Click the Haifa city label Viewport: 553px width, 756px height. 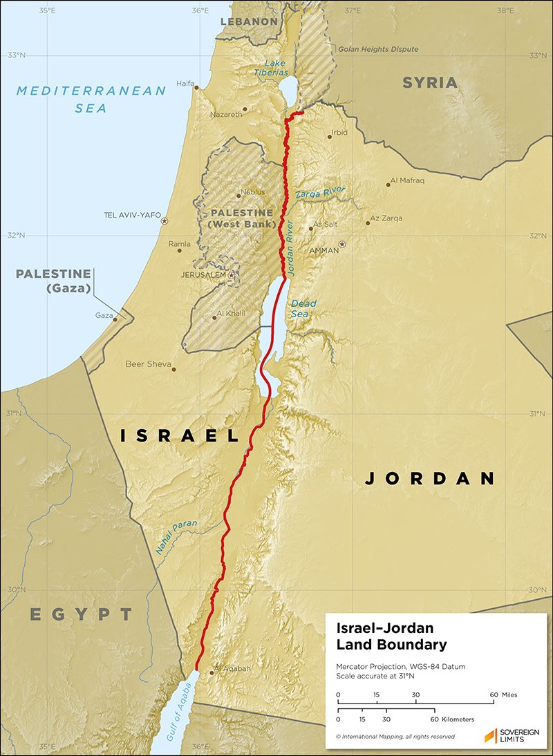[185, 84]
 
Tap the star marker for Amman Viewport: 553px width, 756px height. [341, 244]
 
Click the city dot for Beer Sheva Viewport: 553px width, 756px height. [174, 369]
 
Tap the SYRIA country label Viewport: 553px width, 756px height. [430, 83]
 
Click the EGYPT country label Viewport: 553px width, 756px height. [81, 614]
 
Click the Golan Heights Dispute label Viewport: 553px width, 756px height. [378, 50]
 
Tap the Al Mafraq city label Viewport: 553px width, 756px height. [407, 181]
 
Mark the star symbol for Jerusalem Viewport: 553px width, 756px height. [231, 275]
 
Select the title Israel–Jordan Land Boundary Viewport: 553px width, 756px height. [391, 636]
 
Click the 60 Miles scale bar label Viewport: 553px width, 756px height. [503, 694]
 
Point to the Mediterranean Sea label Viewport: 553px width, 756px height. [91, 99]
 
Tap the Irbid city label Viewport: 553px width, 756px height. [339, 132]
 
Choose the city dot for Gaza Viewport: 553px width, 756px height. [115, 319]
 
